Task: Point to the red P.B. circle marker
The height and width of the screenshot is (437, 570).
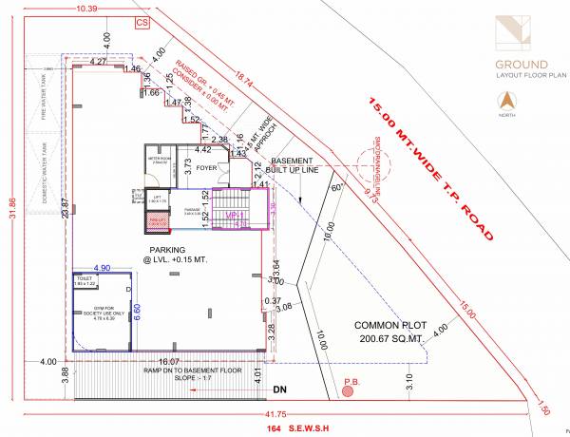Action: [x=351, y=389]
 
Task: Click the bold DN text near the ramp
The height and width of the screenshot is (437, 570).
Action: [x=278, y=389]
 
